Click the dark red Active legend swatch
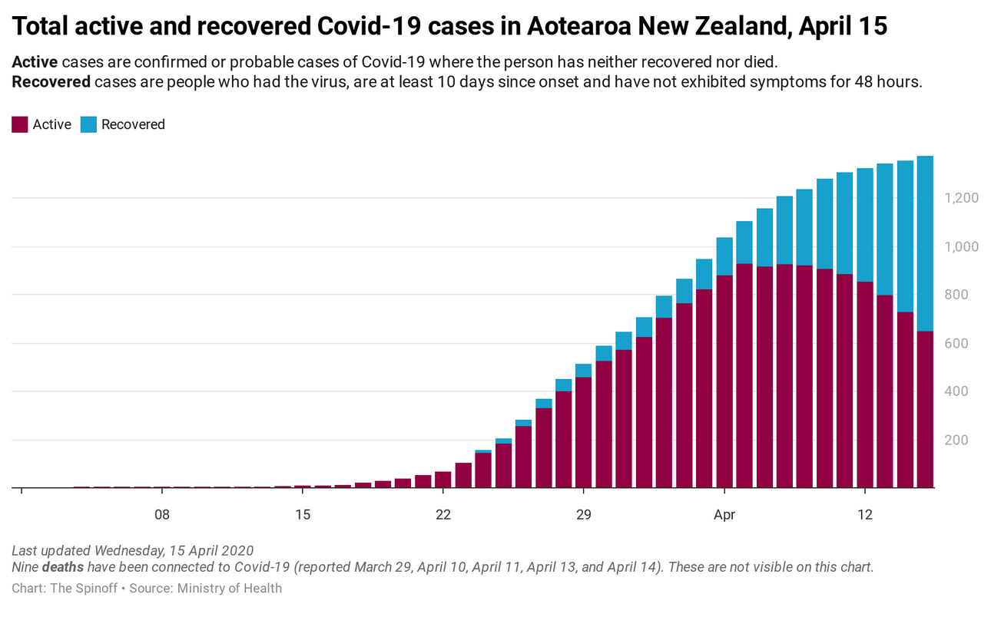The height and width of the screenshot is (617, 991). point(20,124)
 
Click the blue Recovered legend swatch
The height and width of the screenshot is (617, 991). point(89,124)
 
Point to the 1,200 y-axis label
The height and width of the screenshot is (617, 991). point(960,198)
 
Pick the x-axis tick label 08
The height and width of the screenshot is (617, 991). point(162,514)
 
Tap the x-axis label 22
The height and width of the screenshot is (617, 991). point(443,514)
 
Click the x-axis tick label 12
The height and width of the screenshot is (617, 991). point(865,514)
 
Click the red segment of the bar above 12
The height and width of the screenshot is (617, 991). point(865,384)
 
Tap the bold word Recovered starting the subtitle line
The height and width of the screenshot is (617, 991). point(51,82)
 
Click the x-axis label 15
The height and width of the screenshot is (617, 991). point(303,514)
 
